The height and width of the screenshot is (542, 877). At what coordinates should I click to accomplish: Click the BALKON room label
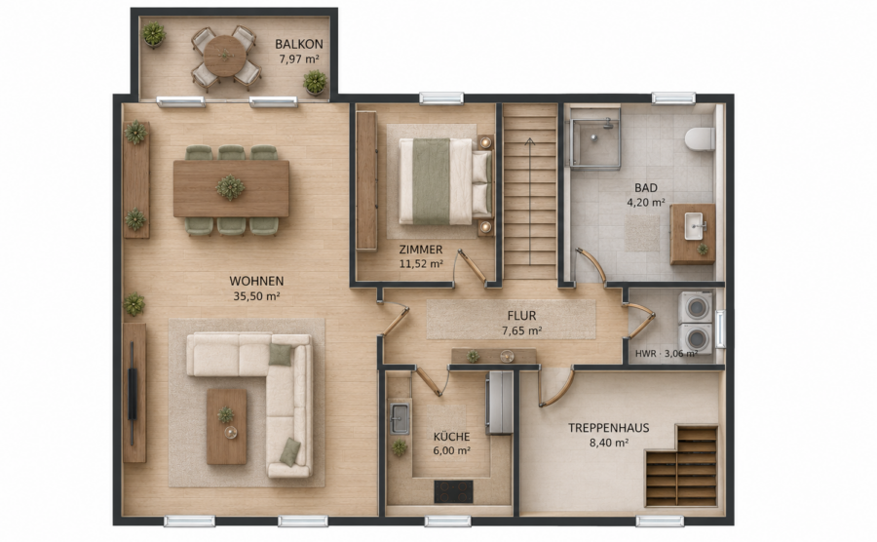[x=299, y=44]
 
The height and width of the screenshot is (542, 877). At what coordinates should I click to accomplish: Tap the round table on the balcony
[x=225, y=56]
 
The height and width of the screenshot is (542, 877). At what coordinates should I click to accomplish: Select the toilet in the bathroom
[x=701, y=138]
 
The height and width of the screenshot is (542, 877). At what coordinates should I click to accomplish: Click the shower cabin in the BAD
[x=595, y=138]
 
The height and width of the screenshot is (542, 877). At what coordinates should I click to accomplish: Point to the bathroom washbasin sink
[x=694, y=226]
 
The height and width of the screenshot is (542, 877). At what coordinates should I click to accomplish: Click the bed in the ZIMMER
[x=445, y=181]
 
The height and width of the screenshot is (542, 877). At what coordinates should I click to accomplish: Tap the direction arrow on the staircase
[x=530, y=202]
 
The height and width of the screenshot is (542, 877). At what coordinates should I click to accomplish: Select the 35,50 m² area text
[x=256, y=296]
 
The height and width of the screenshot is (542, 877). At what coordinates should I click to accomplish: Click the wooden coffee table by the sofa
[x=226, y=426]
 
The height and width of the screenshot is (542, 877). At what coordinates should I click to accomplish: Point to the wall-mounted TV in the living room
[x=133, y=393]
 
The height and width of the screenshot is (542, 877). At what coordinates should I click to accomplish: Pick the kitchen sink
[x=400, y=418]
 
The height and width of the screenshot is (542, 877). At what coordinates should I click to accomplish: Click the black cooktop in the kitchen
[x=453, y=491]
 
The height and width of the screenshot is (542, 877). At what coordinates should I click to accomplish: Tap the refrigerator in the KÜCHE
[x=499, y=403]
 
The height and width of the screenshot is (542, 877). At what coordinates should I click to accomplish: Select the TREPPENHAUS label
[x=608, y=428]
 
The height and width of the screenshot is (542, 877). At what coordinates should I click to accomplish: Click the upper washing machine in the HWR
[x=696, y=307]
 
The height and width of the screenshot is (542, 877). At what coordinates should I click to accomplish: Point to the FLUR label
[x=521, y=316]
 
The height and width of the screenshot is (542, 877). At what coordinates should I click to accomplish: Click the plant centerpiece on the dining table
[x=230, y=187]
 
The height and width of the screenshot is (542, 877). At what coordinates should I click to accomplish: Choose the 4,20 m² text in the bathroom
[x=646, y=203]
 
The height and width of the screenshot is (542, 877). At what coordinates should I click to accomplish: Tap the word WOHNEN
[x=256, y=281]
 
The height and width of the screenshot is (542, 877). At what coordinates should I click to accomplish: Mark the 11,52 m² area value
[x=421, y=263]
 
